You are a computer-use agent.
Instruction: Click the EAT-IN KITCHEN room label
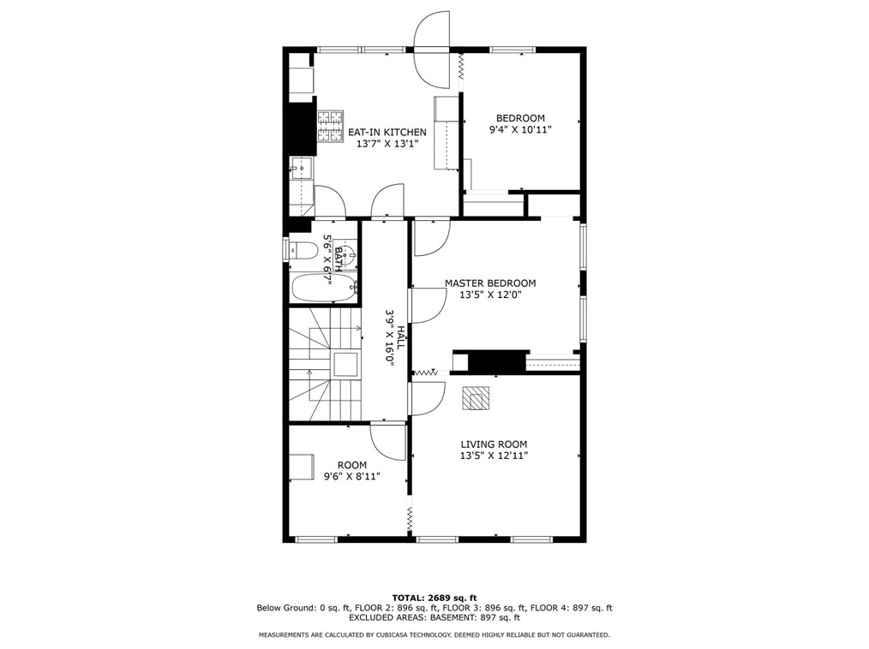[x=387, y=138]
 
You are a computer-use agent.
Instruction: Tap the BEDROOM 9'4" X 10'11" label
[x=520, y=124]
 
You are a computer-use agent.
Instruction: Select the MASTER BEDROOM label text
[x=490, y=283]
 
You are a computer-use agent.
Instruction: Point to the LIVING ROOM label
[x=494, y=444]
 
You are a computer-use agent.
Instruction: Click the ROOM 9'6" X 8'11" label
[x=352, y=471]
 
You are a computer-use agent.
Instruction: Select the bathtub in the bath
[x=324, y=288]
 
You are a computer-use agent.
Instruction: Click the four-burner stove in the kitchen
[x=330, y=126]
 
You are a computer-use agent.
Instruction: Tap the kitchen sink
[x=302, y=167]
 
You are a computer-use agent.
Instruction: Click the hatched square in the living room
[x=476, y=398]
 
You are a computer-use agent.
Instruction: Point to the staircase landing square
[x=345, y=364]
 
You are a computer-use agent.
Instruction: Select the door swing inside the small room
[x=389, y=441]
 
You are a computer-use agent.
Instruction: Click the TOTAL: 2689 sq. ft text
[x=434, y=598]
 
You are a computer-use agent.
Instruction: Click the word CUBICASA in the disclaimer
[x=386, y=634]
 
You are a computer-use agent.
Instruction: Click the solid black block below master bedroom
[x=497, y=361]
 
